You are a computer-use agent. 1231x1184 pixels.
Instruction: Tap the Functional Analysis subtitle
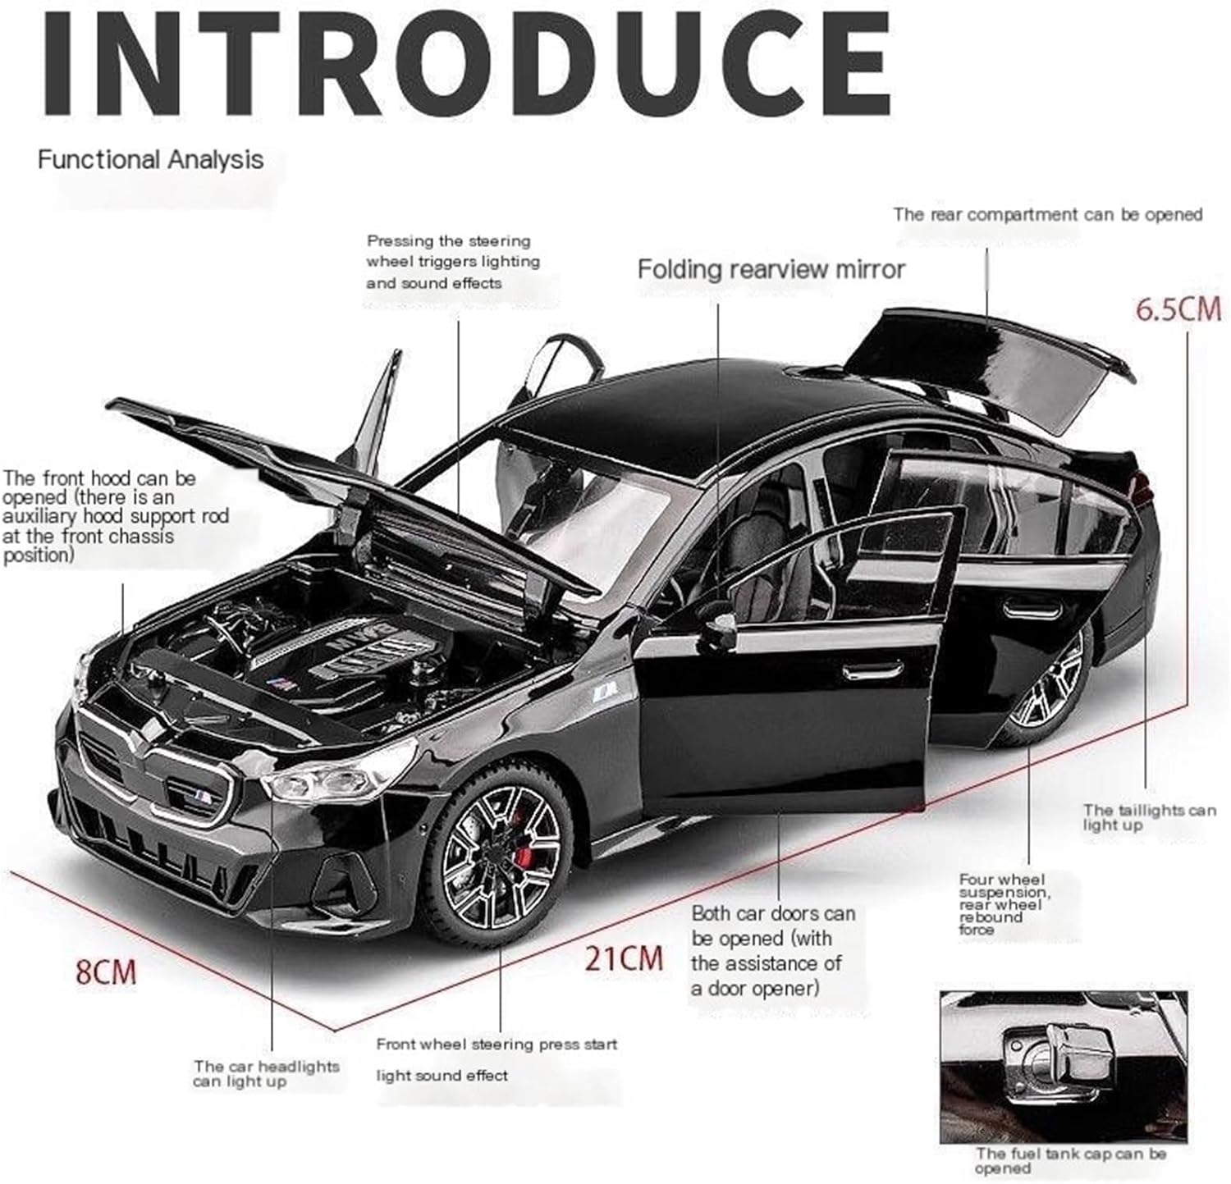[x=150, y=159]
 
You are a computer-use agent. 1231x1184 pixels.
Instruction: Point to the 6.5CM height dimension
[x=1178, y=309]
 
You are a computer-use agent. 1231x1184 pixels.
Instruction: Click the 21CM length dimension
[x=623, y=958]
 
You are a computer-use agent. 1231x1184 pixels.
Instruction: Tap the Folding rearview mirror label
[x=771, y=269]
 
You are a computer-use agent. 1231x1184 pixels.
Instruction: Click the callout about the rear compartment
[x=1047, y=215]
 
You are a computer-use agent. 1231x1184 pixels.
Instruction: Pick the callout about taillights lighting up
[x=1148, y=817]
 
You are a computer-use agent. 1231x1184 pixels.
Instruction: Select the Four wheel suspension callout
[x=1004, y=904]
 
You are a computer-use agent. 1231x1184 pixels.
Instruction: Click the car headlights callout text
[x=266, y=1073]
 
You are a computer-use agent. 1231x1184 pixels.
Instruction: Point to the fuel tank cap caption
[x=1070, y=1160]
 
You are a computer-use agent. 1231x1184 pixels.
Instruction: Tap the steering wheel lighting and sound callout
[x=453, y=262]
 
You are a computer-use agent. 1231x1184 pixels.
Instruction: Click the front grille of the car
[x=156, y=767]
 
